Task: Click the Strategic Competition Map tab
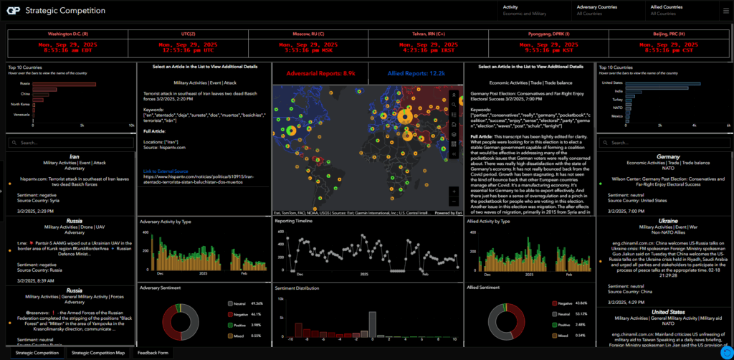pos(99,353)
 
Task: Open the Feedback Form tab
pos(153,353)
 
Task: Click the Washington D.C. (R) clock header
pos(67,34)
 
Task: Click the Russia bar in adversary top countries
pos(64,84)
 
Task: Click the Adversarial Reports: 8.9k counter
pos(319,73)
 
